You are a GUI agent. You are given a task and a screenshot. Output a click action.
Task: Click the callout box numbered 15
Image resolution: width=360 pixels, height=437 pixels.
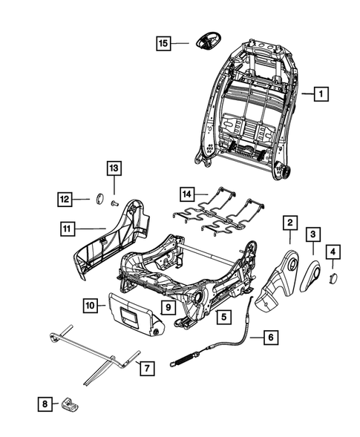(164, 44)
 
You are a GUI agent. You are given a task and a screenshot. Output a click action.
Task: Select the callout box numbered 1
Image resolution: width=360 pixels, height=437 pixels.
(321, 94)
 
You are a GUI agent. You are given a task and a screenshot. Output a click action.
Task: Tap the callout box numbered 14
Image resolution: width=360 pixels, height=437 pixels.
(189, 194)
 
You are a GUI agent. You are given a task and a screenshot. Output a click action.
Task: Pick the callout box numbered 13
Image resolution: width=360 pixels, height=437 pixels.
(114, 168)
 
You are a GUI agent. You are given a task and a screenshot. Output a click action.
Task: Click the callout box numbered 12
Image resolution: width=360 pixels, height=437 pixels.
(66, 198)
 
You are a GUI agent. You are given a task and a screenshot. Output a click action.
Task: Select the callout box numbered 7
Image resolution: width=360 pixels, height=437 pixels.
(147, 366)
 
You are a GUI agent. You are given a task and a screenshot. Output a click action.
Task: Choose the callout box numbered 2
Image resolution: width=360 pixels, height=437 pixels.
(289, 222)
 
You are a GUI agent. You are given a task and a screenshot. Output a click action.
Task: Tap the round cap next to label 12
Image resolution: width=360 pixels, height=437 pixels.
(96, 198)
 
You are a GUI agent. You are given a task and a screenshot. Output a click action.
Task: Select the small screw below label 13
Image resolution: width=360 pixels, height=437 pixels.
(114, 201)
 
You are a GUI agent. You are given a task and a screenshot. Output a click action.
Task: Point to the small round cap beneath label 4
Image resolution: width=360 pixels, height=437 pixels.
(333, 276)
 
